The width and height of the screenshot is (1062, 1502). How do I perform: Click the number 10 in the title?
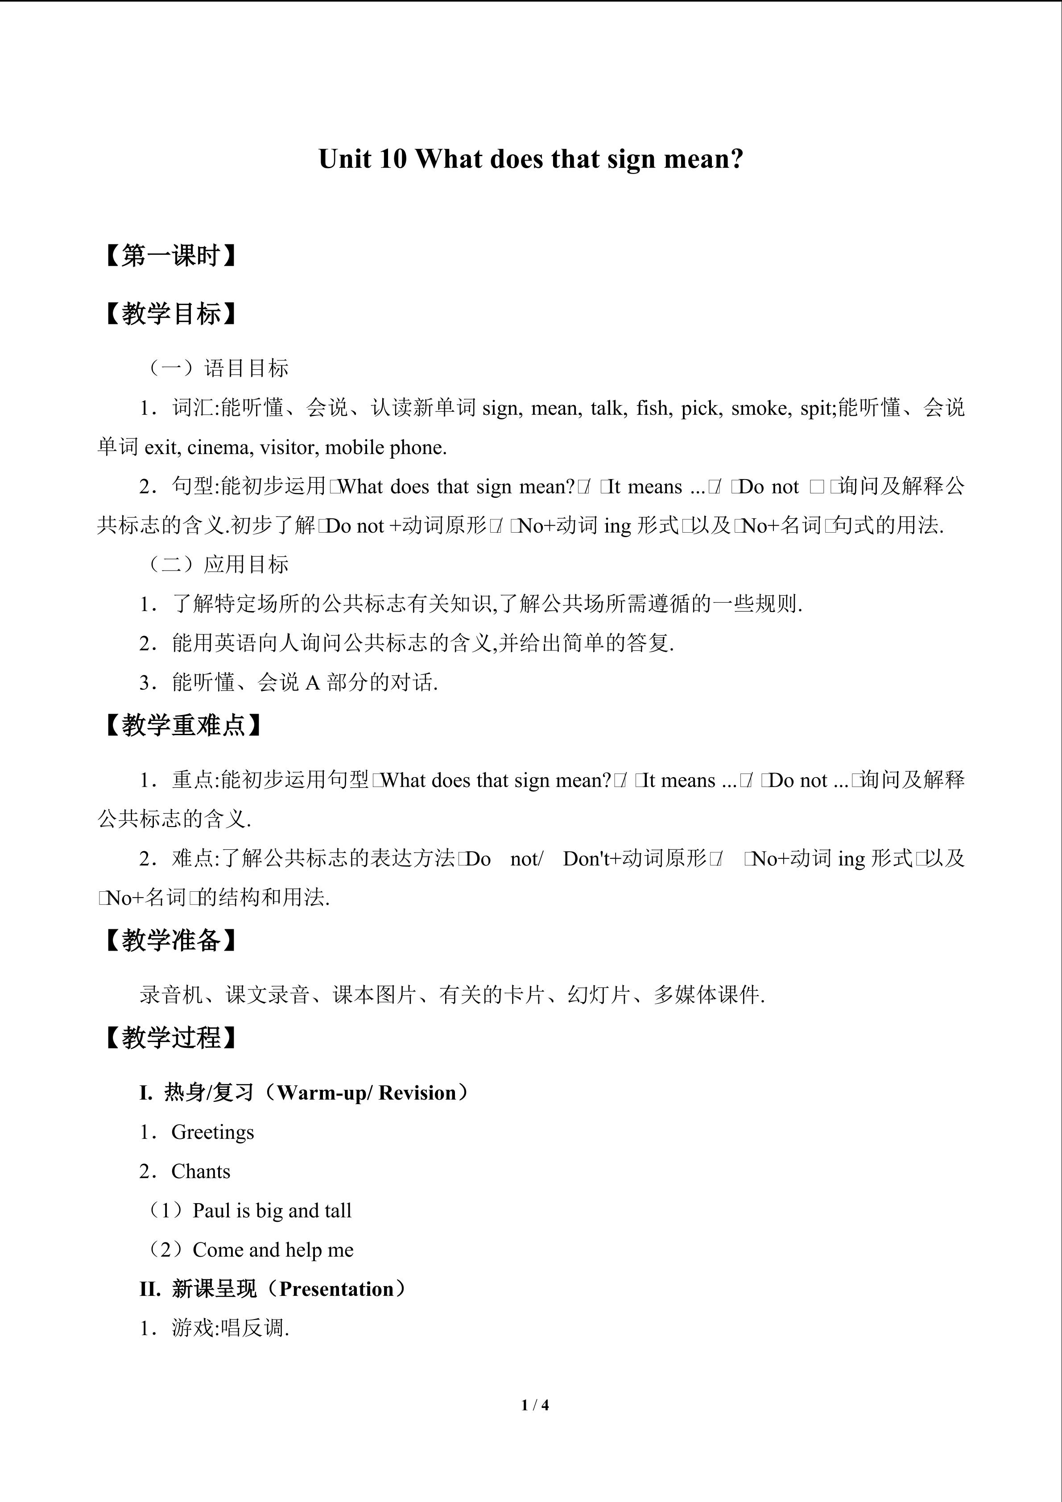click(x=391, y=159)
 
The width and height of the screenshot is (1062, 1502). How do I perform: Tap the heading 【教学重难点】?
click(x=182, y=725)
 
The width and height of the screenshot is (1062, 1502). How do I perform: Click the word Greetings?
click(x=212, y=1132)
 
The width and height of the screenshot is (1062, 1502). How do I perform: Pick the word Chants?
click(x=201, y=1171)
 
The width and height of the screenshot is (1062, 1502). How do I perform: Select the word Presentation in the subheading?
click(x=336, y=1289)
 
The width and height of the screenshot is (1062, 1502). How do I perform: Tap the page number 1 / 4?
click(x=535, y=1404)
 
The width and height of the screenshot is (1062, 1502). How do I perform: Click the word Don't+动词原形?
click(x=634, y=859)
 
